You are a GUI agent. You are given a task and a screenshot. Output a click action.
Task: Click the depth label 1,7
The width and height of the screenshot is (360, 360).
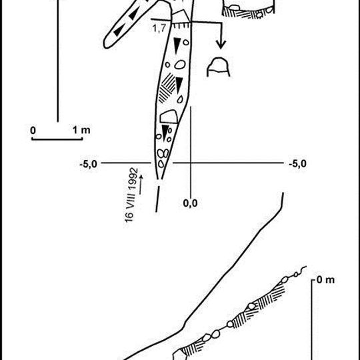click(x=159, y=29)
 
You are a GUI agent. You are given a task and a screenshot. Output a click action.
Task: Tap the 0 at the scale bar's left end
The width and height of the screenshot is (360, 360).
click(x=33, y=131)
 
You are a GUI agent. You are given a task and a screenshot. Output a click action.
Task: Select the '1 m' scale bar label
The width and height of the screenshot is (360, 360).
click(x=81, y=130)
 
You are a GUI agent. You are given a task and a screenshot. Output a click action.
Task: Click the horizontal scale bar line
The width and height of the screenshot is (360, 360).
click(x=57, y=139)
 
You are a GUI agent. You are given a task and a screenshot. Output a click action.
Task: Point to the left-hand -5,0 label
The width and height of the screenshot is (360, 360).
click(x=89, y=164)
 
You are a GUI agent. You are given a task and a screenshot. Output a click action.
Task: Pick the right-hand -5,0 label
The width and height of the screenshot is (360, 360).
click(x=297, y=164)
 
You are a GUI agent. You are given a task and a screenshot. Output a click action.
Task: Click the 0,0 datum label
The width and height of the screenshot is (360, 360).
click(x=190, y=203)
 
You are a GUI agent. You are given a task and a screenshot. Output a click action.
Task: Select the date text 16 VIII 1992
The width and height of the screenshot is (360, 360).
click(x=132, y=195)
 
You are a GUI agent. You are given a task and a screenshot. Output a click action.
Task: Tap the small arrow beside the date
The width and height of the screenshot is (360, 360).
click(x=141, y=185)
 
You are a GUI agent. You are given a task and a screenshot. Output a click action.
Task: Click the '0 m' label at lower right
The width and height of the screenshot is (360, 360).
click(x=325, y=280)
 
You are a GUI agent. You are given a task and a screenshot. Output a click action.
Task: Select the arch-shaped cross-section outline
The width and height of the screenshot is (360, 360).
click(x=219, y=59)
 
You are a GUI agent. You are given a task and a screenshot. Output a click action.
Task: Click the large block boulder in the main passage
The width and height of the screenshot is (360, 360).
click(x=169, y=117)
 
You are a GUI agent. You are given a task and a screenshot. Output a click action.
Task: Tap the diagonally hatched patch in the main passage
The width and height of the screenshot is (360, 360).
click(x=167, y=88)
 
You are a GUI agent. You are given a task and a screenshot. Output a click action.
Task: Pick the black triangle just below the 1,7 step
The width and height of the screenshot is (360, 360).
click(x=177, y=45)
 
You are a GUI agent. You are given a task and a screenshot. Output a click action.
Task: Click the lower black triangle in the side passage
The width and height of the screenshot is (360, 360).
click(x=119, y=30)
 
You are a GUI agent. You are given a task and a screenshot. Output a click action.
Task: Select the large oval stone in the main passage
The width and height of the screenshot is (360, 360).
click(x=180, y=65)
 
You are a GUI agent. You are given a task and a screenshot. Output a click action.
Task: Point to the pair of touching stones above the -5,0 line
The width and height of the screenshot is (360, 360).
click(x=163, y=153)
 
